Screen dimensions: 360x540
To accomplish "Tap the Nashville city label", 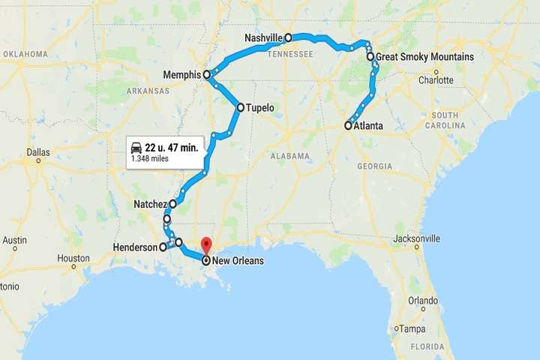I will (x=263, y=37).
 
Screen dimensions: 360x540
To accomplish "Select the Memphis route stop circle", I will (x=206, y=75).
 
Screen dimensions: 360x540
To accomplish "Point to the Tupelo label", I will (x=260, y=108).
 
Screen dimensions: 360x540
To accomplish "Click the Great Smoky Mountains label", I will (x=424, y=56).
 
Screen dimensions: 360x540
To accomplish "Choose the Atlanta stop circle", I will (x=348, y=126).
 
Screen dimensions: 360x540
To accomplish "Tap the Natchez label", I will (x=149, y=203).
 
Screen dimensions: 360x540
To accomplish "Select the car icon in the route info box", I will (x=136, y=147).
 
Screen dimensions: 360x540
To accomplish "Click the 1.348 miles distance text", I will (x=149, y=159).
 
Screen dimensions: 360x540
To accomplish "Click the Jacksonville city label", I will (x=416, y=238).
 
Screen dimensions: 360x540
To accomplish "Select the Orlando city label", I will (x=423, y=300).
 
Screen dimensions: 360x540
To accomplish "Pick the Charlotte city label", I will (x=436, y=80).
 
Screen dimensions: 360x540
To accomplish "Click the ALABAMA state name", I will (x=291, y=156).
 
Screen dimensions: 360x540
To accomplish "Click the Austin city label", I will (x=15, y=241).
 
